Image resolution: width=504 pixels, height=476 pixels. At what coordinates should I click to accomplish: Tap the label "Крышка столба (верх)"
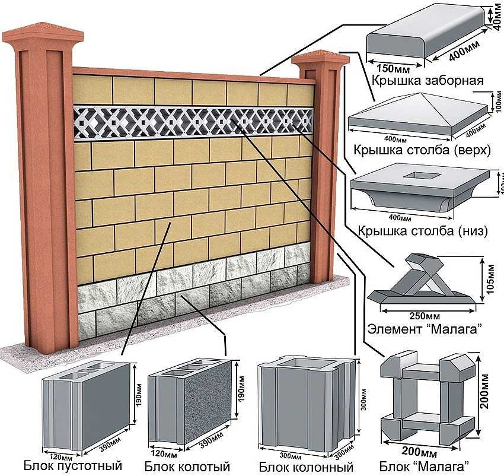click(x=422, y=150)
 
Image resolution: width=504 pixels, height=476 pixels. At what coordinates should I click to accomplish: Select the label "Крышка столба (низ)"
click(x=422, y=231)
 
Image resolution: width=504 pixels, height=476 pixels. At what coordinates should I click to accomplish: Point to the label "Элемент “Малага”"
click(x=422, y=328)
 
